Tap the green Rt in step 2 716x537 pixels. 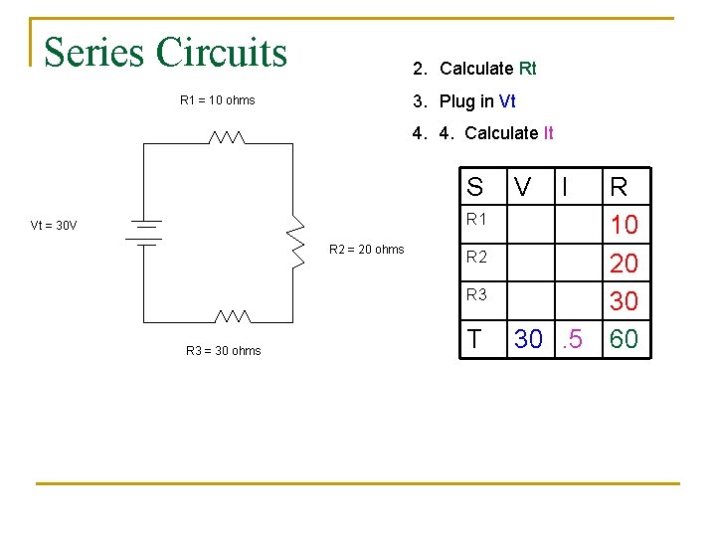coord(527,69)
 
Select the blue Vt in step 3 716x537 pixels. coord(506,101)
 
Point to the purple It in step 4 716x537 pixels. coord(548,133)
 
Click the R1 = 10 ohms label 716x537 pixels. coord(217,100)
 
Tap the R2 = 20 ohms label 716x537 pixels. coord(366,249)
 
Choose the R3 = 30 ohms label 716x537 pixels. coord(223,350)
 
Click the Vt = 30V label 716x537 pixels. coord(54,226)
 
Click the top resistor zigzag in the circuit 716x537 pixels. coord(227,137)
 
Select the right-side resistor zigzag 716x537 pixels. coord(294,245)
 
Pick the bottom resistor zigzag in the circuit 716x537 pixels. coord(233,316)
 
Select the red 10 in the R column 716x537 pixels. coord(624,226)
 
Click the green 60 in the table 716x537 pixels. coord(624,340)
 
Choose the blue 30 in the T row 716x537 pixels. coord(528,340)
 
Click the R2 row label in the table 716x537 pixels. coord(477,257)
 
